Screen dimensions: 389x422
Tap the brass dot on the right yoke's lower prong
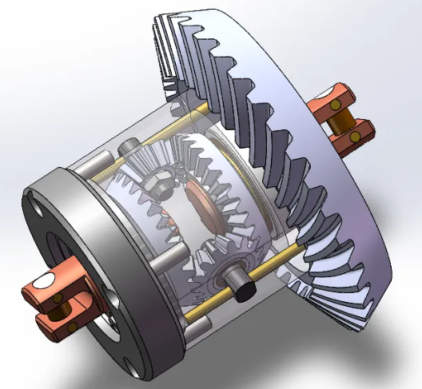[352, 141]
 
